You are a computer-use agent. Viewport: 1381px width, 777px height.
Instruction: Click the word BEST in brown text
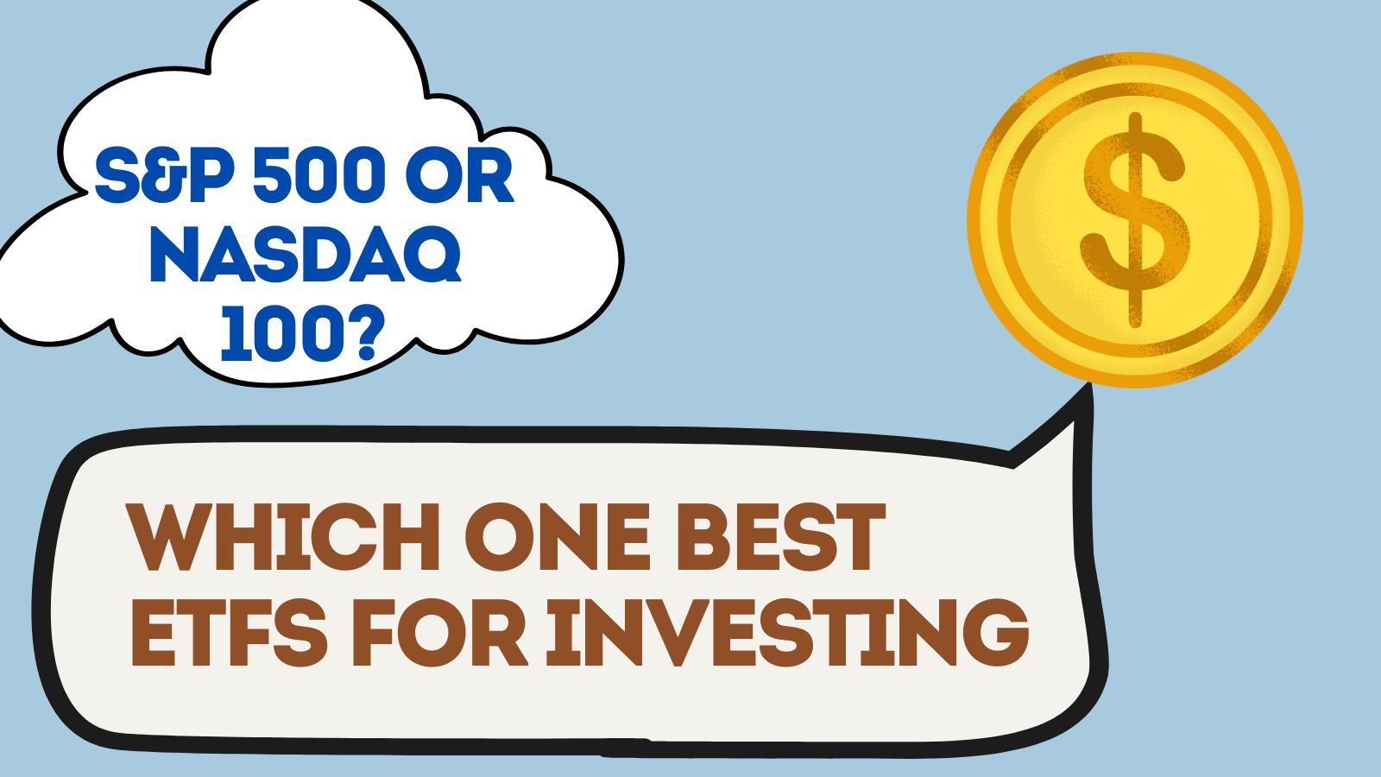(x=781, y=537)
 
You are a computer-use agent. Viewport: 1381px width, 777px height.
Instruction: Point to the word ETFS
(x=229, y=632)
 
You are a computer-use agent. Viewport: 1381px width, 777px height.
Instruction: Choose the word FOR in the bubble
(x=439, y=632)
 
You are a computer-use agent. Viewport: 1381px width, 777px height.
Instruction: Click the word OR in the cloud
(x=459, y=174)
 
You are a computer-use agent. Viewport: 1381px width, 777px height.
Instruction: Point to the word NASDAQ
(x=306, y=255)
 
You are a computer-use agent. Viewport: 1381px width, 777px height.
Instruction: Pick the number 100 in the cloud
(x=282, y=333)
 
